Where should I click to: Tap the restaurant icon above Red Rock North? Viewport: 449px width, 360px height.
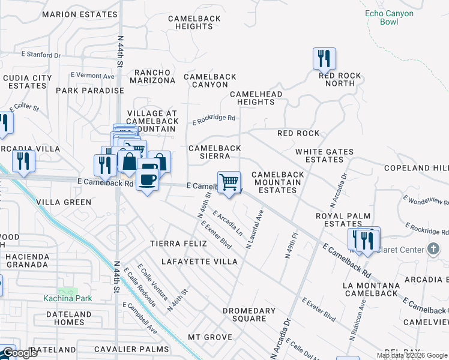click(x=324, y=59)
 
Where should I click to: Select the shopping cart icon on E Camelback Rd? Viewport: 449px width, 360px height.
click(x=229, y=182)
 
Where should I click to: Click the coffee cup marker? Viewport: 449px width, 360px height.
click(x=148, y=179)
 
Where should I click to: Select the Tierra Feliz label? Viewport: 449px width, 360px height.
click(x=178, y=244)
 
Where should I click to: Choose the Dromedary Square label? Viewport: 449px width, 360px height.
click(x=249, y=314)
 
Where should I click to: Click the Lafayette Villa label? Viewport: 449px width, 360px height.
click(x=200, y=262)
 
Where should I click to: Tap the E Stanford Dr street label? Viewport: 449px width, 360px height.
click(x=41, y=55)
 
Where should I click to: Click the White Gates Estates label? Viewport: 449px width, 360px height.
click(x=325, y=156)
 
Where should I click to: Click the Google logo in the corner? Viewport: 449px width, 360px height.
click(x=19, y=353)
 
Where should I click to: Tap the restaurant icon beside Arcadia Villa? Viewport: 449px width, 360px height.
click(x=23, y=161)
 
